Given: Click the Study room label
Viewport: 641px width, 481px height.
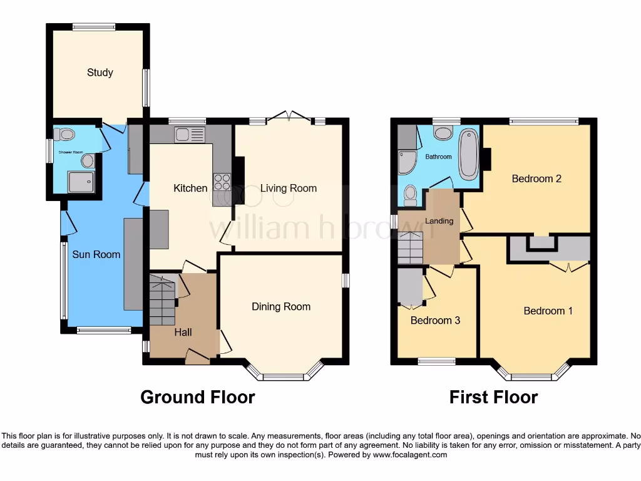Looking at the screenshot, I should [x=100, y=73].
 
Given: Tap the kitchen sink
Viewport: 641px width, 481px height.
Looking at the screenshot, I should [x=190, y=134].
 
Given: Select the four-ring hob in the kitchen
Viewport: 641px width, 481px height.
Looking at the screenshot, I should [x=222, y=182].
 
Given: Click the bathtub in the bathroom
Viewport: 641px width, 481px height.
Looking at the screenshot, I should [x=468, y=153].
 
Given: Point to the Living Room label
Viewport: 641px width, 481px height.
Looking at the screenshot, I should [x=289, y=188].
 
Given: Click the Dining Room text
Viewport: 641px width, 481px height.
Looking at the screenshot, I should [x=281, y=306].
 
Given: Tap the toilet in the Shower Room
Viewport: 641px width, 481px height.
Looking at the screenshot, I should [x=64, y=134].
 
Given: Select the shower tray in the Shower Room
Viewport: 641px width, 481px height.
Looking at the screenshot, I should [x=82, y=181].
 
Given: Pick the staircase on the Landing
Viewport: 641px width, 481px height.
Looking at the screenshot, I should [x=411, y=247].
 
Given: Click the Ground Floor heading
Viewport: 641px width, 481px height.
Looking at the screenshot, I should [x=197, y=397].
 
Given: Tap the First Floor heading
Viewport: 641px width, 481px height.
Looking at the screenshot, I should [x=493, y=397].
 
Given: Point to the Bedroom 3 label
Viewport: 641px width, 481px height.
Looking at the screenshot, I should [x=435, y=320].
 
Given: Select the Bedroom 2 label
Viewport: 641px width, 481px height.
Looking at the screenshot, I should [x=536, y=178].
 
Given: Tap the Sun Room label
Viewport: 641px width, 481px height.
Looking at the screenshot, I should [x=96, y=254].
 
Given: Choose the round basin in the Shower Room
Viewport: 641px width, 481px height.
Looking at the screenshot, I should [x=88, y=162].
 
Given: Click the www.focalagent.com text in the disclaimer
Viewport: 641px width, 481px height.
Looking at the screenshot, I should [x=409, y=455].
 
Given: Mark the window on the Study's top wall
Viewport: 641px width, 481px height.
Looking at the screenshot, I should [x=93, y=27].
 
